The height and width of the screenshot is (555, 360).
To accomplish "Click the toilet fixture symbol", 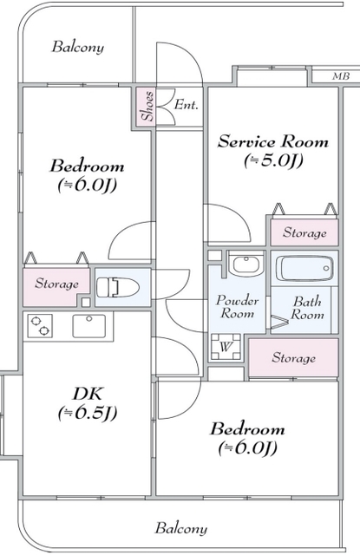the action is tap(117, 287).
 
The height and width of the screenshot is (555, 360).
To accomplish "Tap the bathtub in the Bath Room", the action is tap(304, 268).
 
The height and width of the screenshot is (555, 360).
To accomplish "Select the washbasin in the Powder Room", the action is tap(246, 264).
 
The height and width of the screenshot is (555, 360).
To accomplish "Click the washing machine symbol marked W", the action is tap(226, 347).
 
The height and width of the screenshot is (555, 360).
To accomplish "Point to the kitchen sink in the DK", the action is tap(88, 326).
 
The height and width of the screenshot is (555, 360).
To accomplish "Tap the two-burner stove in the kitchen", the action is tap(40, 326).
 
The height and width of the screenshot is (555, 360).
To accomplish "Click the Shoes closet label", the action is tap(147, 106).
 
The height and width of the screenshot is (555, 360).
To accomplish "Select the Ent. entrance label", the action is tap(186, 105).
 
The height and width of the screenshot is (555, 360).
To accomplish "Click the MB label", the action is tap(341, 76).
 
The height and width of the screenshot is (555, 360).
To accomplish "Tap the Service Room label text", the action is tap(273, 141).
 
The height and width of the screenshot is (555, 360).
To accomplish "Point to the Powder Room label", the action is tap(237, 307).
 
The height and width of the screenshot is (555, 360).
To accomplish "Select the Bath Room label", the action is tap(307, 308).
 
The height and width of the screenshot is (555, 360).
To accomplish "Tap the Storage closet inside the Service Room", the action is tap(304, 232).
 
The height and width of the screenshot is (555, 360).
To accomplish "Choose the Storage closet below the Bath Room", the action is tap(293, 358).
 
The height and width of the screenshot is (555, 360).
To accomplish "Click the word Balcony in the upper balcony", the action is tap(78, 47).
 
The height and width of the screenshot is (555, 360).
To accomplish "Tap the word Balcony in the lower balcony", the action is tap(181, 528).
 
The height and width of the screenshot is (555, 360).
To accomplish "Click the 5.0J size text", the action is tap(273, 161).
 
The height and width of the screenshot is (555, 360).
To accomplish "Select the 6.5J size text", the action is tap(88, 413).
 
